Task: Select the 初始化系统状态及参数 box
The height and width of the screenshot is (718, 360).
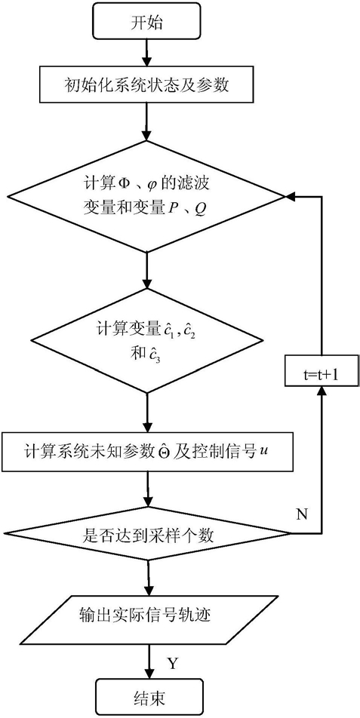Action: [x=146, y=85]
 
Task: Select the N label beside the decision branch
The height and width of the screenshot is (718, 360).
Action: [x=302, y=514]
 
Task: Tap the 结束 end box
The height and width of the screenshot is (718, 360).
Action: [x=146, y=698]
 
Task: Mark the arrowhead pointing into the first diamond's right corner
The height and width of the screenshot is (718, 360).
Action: [x=291, y=196]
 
